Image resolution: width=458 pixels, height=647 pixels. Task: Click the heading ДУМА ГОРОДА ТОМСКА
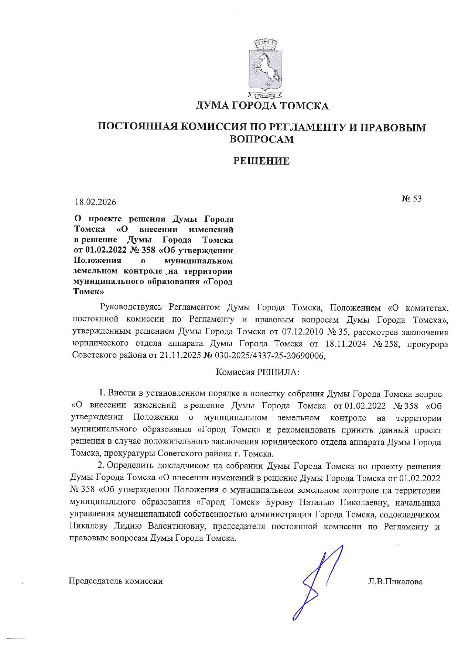coord(262,106)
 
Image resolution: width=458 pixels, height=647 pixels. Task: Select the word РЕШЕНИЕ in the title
coord(261,161)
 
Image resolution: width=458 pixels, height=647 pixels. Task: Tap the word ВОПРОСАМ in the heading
coord(262,140)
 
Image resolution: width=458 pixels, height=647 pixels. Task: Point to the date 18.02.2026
coord(95,202)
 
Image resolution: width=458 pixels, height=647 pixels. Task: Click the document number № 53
coord(411,199)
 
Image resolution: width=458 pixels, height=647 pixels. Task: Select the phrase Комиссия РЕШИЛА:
coord(257,372)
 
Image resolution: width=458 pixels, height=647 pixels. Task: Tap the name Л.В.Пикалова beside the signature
coord(395,582)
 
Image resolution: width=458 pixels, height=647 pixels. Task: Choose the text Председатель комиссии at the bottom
coord(116,581)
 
